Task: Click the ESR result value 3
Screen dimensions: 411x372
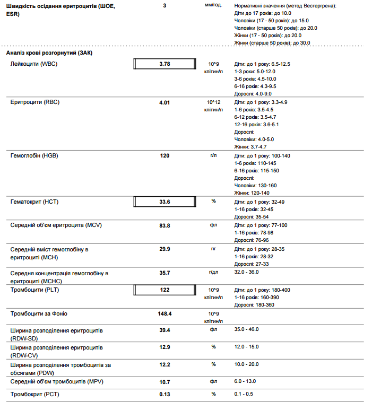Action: pyautogui.click(x=165, y=6)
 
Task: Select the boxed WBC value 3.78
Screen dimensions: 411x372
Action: pyautogui.click(x=165, y=64)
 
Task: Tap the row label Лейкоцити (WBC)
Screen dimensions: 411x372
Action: pyautogui.click(x=34, y=64)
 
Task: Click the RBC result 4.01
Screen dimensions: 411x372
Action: pyautogui.click(x=165, y=102)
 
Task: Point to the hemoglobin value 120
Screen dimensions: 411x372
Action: pyautogui.click(x=165, y=156)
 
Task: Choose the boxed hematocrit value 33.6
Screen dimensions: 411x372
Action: pyautogui.click(x=165, y=202)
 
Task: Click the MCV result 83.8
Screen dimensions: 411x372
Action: pyautogui.click(x=165, y=225)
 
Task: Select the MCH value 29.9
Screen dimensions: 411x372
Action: pyautogui.click(x=165, y=249)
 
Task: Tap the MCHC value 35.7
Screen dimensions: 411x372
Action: pyautogui.click(x=165, y=273)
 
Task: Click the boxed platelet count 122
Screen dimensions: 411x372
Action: pyautogui.click(x=165, y=290)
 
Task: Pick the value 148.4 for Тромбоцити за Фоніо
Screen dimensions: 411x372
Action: pyautogui.click(x=165, y=313)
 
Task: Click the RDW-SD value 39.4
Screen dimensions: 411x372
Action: pyautogui.click(x=165, y=330)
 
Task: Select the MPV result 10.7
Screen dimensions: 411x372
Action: pyautogui.click(x=165, y=381)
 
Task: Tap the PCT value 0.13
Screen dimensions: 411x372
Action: pyautogui.click(x=165, y=394)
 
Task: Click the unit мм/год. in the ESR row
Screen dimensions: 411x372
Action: pyautogui.click(x=213, y=6)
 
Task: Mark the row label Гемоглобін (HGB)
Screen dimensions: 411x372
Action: pyautogui.click(x=34, y=156)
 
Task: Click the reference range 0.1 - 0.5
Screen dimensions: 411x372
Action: pyautogui.click(x=243, y=394)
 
